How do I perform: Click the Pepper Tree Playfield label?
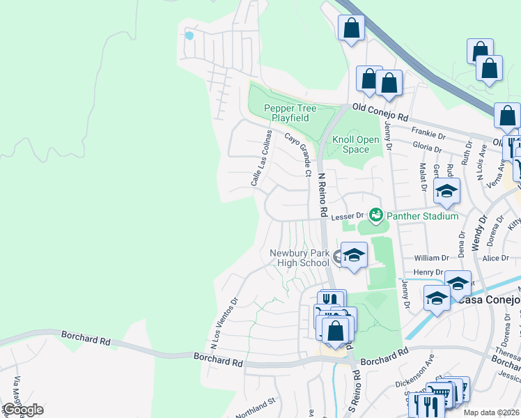290,113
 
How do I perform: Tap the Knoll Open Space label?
355,144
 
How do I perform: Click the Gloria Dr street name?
427,148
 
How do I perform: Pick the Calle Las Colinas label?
260,158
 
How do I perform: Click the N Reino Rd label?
322,196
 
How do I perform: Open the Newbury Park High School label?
300,258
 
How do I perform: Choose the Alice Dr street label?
496,258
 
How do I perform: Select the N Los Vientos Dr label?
224,323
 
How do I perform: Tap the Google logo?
22,410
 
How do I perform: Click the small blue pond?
189,34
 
